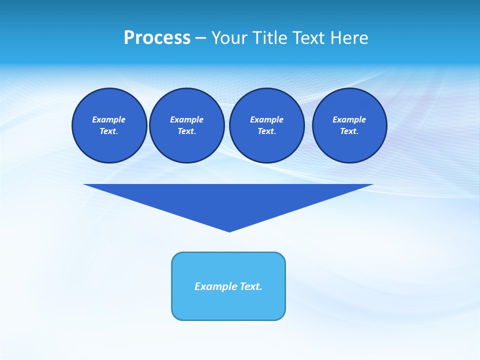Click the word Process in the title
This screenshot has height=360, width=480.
click(x=157, y=38)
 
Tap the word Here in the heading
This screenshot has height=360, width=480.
click(x=348, y=38)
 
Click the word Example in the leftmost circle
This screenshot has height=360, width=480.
click(x=109, y=119)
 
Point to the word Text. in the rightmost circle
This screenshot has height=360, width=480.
click(x=349, y=131)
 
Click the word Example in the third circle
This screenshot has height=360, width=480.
click(x=266, y=119)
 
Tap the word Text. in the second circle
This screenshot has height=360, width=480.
click(x=187, y=131)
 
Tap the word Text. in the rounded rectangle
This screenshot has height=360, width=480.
click(x=251, y=286)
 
